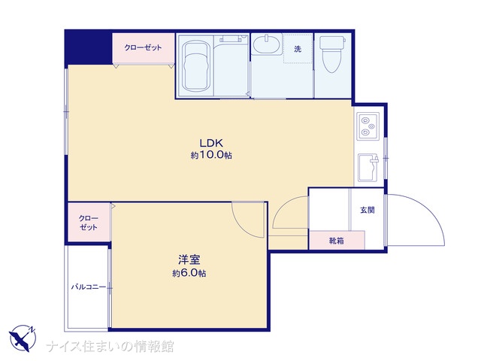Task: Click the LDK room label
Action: click(x=211, y=143)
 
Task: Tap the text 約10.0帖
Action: click(x=211, y=155)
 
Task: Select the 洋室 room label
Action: click(x=189, y=259)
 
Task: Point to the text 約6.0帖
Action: click(x=189, y=273)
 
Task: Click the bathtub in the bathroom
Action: click(x=196, y=65)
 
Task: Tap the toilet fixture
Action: click(x=332, y=54)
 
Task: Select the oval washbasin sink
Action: click(x=268, y=44)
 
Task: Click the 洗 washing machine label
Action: click(x=298, y=49)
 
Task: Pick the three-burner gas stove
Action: click(x=368, y=126)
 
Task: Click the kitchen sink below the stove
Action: click(x=368, y=167)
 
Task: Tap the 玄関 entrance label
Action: click(x=368, y=211)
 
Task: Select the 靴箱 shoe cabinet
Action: click(x=337, y=241)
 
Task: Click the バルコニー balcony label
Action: click(x=89, y=287)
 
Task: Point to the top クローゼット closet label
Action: click(x=143, y=47)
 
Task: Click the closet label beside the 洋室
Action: click(x=89, y=223)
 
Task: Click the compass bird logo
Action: click(x=23, y=338)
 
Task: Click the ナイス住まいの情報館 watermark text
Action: click(x=110, y=346)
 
